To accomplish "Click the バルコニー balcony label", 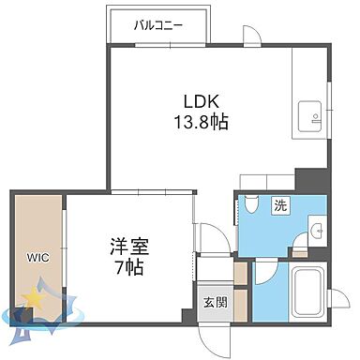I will click(157, 24).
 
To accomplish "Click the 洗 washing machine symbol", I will click(280, 204).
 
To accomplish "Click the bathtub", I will click(307, 290).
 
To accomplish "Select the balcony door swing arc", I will click(250, 36).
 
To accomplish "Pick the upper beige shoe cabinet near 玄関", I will click(240, 272).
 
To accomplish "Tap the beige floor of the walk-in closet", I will click(37, 225).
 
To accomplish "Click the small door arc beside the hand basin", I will click(300, 247).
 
